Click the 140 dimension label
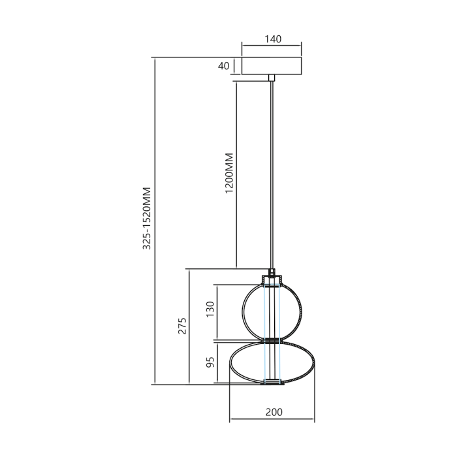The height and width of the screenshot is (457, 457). coord(272,39)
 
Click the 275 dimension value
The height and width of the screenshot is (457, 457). coord(182,326)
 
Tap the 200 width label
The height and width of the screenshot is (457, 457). coord(274,411)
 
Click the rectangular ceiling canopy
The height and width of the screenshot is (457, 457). coord(272,66)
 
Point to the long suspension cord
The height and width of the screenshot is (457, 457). coord(272,170)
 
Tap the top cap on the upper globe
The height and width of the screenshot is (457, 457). coord(272,281)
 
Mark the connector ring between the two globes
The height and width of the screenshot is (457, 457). coord(272,340)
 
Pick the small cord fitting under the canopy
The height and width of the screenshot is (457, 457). coord(272,78)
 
